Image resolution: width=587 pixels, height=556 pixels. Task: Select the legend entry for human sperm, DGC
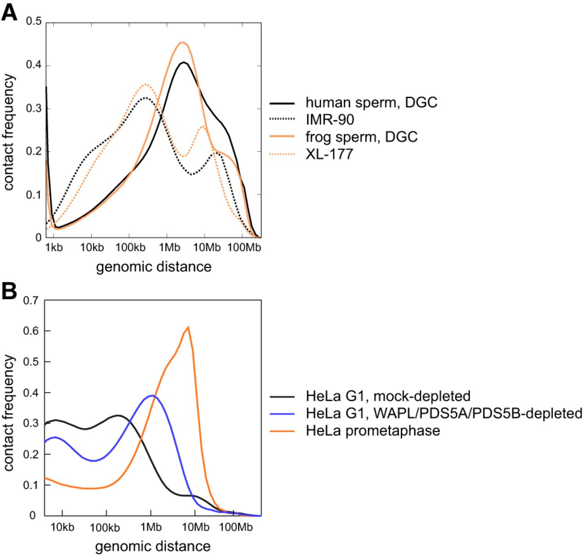(371, 102)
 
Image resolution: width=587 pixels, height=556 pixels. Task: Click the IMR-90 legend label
(330, 120)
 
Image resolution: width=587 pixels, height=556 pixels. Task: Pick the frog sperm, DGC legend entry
(361, 136)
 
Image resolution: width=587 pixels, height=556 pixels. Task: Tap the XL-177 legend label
(329, 153)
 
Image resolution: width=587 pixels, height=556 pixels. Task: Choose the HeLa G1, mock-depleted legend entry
(388, 396)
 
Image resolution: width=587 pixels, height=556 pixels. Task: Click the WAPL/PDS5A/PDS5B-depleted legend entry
(444, 413)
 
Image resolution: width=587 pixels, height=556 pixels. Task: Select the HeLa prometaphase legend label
(373, 431)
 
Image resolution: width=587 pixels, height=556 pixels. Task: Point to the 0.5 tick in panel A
(33, 22)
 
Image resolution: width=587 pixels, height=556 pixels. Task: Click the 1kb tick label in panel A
(54, 248)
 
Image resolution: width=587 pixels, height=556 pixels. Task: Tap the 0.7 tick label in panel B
(32, 300)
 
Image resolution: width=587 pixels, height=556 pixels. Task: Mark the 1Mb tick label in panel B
(150, 527)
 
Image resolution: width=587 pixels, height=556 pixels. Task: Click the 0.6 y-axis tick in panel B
(32, 331)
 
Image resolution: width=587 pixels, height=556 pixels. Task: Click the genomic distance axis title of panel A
(154, 267)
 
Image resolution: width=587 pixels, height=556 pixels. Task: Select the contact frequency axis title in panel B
(9, 412)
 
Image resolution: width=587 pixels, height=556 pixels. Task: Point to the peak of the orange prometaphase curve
(188, 327)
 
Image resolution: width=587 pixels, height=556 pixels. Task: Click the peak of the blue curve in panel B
(152, 395)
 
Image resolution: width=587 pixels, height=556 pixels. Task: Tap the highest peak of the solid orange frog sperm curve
(183, 43)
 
